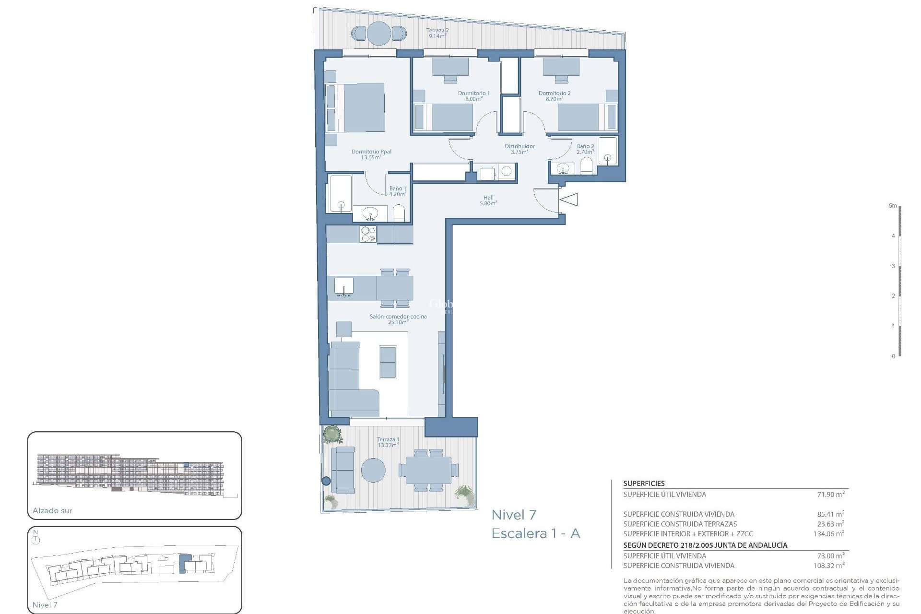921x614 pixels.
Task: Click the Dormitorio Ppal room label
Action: click(x=371, y=154)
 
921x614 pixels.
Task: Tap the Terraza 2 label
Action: click(x=437, y=33)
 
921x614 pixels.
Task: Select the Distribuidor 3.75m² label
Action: click(x=520, y=149)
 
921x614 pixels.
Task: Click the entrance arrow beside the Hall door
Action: click(x=569, y=199)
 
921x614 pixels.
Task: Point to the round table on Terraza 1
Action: click(x=373, y=470)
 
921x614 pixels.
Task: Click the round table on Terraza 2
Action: click(x=378, y=33)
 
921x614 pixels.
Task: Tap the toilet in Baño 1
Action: click(x=399, y=213)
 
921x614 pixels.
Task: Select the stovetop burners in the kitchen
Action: click(x=368, y=235)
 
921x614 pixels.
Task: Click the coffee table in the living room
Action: click(x=388, y=362)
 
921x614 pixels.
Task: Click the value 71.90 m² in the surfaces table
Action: click(x=830, y=494)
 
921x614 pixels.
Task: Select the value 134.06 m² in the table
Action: click(x=828, y=533)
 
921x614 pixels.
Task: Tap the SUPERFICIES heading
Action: click(x=644, y=484)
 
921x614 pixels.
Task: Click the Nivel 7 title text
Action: click(x=514, y=515)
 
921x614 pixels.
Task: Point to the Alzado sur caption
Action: click(x=52, y=511)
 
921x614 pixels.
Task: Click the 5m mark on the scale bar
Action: click(x=893, y=206)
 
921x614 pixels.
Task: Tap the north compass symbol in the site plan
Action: click(x=36, y=539)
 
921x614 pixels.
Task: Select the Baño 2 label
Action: click(x=585, y=149)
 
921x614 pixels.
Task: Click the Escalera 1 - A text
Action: click(x=536, y=533)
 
